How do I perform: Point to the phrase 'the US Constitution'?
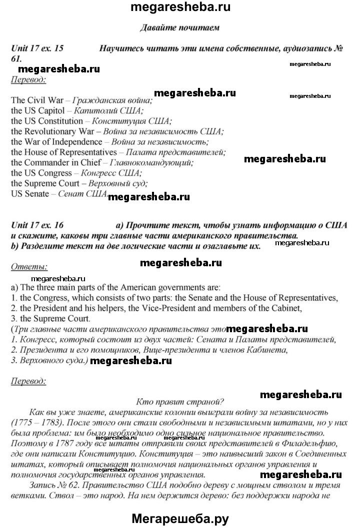click(47, 121)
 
